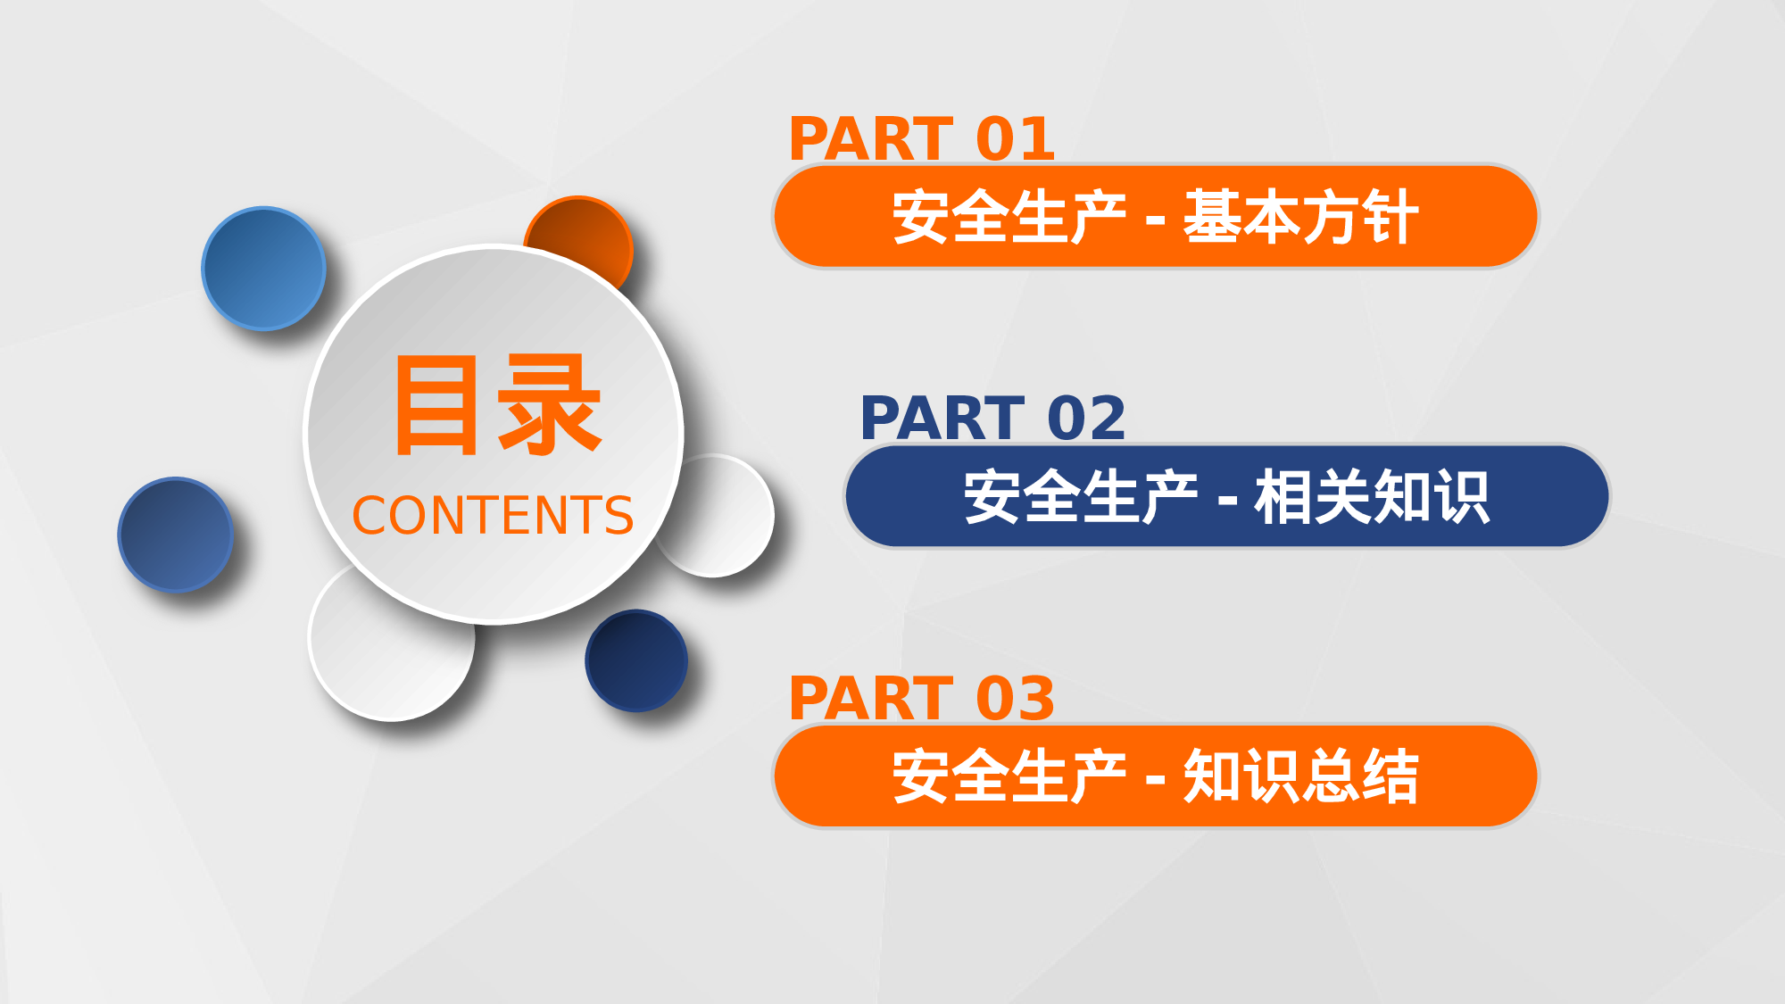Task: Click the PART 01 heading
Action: (x=922, y=139)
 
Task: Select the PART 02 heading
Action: (x=992, y=419)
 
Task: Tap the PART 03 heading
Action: (x=922, y=699)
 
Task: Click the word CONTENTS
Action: (x=493, y=516)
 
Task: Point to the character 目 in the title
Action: (x=436, y=405)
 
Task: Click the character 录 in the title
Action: (x=549, y=405)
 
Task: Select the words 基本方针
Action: (x=1300, y=217)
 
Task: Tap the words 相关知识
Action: (x=1372, y=497)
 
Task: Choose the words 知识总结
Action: (x=1300, y=776)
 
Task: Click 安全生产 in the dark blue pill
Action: (x=1080, y=497)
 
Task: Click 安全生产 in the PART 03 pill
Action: (x=1009, y=776)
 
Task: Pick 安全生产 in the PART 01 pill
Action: (x=1009, y=217)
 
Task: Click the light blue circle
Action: (x=263, y=269)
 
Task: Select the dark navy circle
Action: (x=636, y=660)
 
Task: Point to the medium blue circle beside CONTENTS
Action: (x=176, y=535)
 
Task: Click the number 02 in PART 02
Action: (x=1086, y=419)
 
